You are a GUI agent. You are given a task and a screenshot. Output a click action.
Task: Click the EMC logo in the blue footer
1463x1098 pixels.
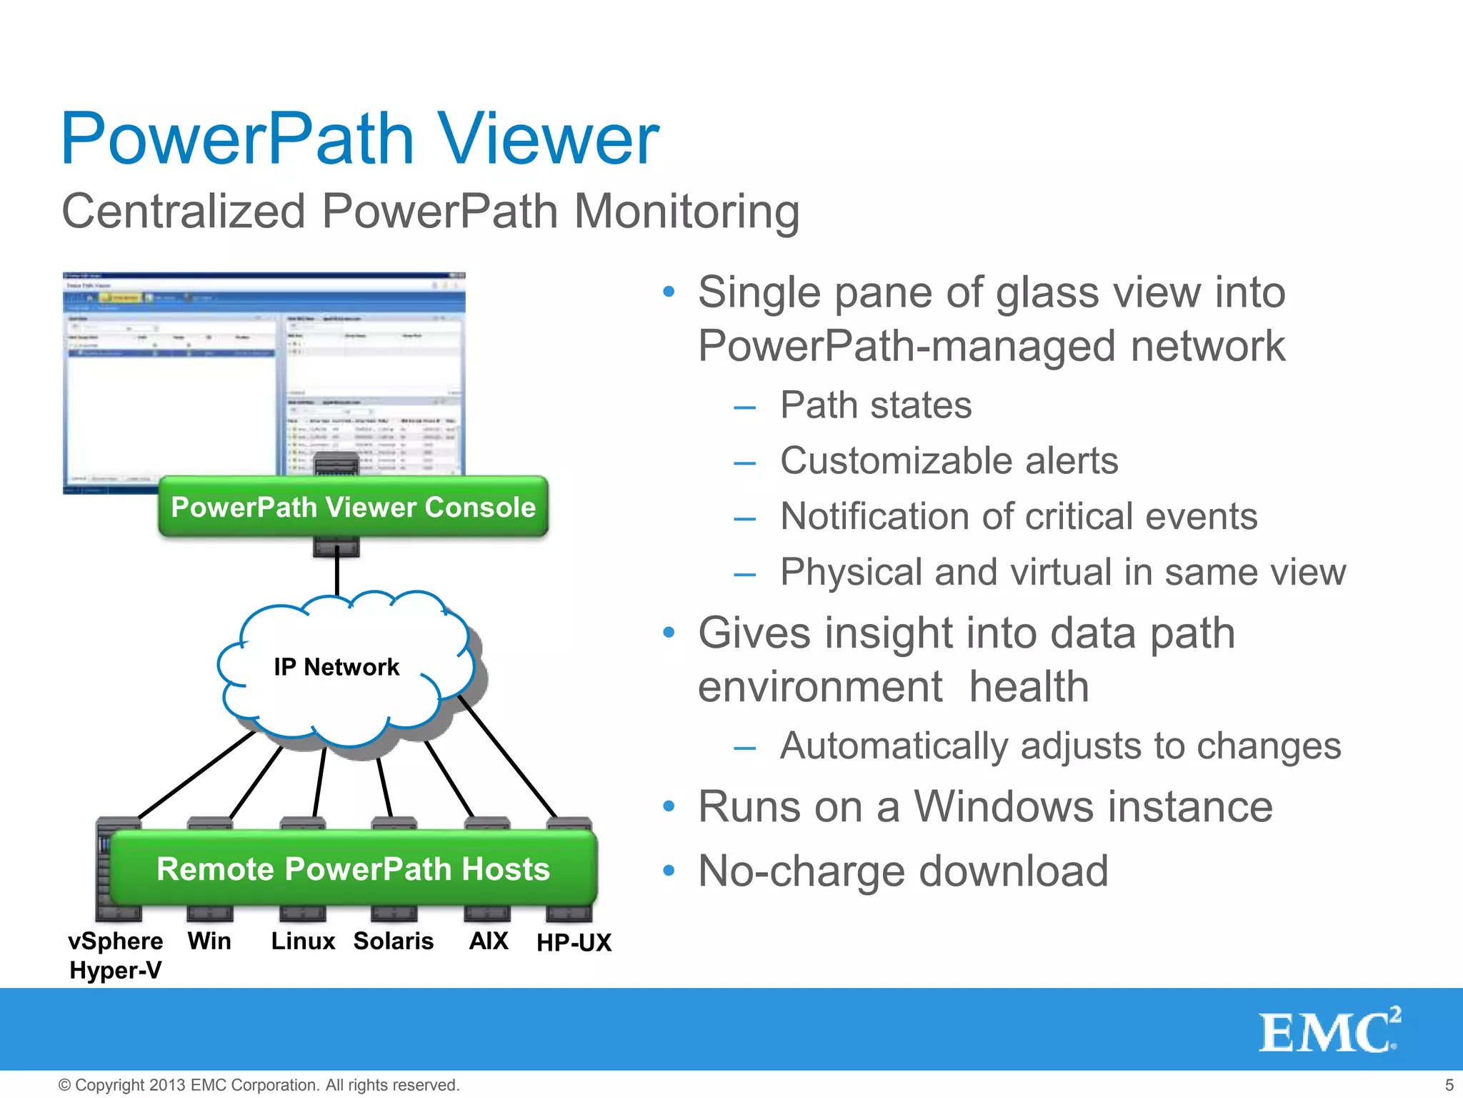(x=1329, y=1031)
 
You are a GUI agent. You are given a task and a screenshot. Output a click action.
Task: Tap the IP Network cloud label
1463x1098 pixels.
(x=336, y=667)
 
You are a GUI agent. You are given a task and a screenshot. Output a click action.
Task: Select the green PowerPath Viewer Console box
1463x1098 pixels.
(x=353, y=507)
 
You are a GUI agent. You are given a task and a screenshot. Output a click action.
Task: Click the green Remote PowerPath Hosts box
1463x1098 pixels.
(x=353, y=869)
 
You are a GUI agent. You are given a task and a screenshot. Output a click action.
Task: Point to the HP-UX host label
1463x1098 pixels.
(x=574, y=942)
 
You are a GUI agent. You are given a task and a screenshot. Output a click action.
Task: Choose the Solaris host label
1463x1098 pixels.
(x=393, y=941)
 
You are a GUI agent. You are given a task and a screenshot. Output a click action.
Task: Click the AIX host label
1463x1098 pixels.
(x=489, y=941)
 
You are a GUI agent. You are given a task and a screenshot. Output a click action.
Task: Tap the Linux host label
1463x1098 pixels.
(x=303, y=941)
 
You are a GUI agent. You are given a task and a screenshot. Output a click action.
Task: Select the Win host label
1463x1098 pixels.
(x=209, y=941)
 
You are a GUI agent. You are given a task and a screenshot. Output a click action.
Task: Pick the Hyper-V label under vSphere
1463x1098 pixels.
(x=116, y=970)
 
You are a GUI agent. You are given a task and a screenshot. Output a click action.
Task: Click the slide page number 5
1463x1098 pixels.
(x=1449, y=1085)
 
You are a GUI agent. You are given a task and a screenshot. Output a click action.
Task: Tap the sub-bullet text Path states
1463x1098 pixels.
(x=876, y=405)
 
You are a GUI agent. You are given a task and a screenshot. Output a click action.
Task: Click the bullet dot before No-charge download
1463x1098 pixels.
(x=669, y=871)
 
